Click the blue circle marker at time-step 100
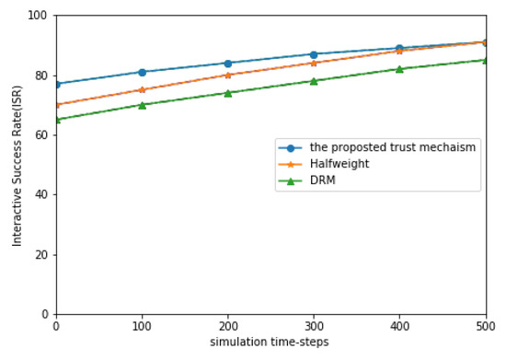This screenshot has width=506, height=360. point(142,72)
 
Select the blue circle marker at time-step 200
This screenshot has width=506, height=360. point(227,64)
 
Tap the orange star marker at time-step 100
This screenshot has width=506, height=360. point(142,90)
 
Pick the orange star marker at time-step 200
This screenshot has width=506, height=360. point(227,75)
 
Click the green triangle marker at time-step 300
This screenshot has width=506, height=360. point(314,81)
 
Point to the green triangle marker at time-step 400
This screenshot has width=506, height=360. point(399,69)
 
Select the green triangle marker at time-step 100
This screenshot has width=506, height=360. point(142,105)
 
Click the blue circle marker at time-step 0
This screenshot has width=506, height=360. point(56,84)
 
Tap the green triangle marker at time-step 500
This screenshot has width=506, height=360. point(485,60)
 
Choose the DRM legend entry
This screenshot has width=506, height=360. point(321,180)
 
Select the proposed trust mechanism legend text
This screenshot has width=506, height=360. point(392,147)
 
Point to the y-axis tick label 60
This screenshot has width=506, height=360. point(41,135)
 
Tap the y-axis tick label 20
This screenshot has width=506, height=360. point(41,255)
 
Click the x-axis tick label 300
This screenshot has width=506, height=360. point(314,326)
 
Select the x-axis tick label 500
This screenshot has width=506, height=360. point(485,326)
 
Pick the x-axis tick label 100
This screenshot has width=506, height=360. point(142,326)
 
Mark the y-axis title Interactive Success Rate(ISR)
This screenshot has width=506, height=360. point(17,166)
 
